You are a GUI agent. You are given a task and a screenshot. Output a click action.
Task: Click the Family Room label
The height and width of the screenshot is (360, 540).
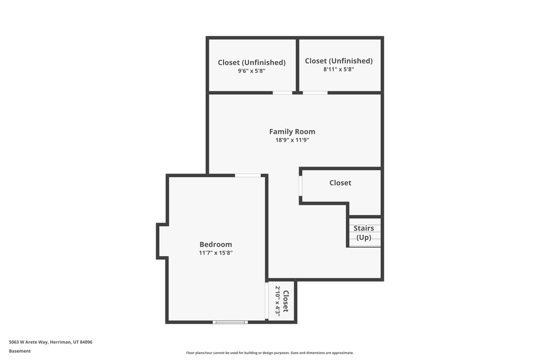292,132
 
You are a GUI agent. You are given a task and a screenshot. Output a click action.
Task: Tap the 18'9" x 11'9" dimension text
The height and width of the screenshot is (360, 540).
292,140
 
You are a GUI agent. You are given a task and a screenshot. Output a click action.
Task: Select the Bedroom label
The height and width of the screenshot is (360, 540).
216,245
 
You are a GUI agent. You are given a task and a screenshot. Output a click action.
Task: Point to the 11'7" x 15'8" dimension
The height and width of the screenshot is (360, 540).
216,253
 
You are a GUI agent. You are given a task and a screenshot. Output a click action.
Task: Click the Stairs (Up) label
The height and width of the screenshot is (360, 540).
364,232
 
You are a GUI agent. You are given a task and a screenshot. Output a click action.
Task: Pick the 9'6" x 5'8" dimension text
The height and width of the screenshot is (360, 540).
252,71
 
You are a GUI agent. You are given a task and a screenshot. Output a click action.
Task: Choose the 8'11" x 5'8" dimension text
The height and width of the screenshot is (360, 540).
339,69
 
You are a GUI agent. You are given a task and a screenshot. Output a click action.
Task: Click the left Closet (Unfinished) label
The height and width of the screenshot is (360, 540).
252,62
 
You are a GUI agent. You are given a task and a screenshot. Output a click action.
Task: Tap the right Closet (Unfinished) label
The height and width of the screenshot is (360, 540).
339,61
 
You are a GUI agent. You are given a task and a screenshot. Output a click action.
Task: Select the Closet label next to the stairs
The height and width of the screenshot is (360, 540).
340,183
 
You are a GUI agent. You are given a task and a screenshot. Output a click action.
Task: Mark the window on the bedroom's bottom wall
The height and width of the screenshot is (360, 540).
230,322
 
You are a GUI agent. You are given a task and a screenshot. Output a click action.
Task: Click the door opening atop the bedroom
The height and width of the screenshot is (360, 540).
248,176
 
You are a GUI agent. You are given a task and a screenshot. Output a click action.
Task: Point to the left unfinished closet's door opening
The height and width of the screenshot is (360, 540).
282,93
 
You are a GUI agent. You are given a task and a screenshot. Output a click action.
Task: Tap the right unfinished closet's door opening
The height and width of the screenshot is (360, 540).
315,93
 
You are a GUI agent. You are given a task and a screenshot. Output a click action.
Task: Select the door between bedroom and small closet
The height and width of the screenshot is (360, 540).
266,301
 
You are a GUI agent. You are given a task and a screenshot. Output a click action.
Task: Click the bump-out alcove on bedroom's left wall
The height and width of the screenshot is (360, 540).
162,241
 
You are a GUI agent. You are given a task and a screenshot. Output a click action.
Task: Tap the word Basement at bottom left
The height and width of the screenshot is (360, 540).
20,351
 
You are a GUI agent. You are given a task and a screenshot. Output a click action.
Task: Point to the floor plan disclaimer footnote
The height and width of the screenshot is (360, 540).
269,353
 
